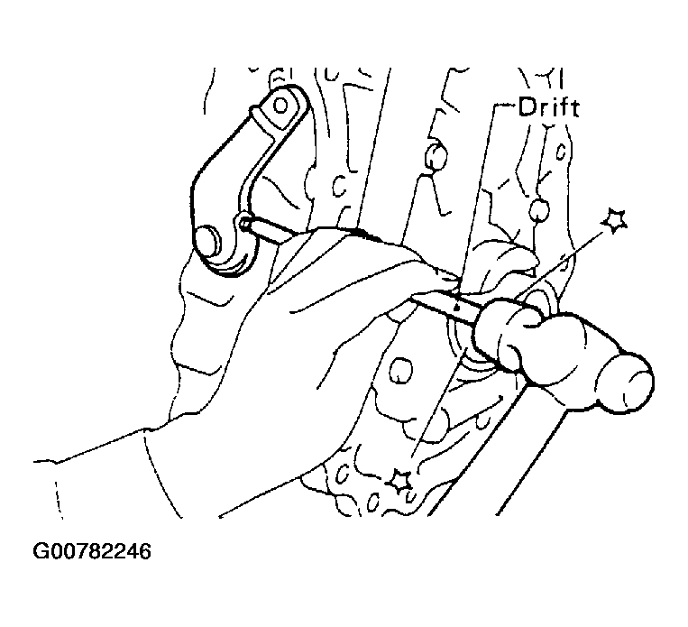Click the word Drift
pyautogui.click(x=548, y=107)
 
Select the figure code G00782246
pyautogui.click(x=92, y=551)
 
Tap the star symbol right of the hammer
pyautogui.click(x=614, y=221)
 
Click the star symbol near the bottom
pyautogui.click(x=399, y=480)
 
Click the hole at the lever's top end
pyautogui.click(x=280, y=106)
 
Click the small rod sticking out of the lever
pyautogui.click(x=263, y=230)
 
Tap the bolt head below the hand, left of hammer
pyautogui.click(x=400, y=370)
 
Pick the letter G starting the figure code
pyautogui.click(x=41, y=551)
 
